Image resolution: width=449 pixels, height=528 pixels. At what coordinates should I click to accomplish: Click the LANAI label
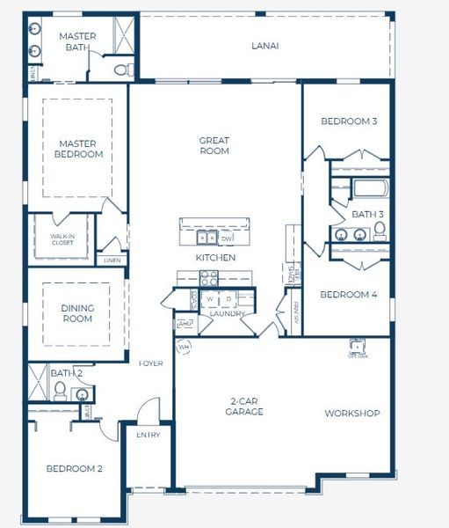264,45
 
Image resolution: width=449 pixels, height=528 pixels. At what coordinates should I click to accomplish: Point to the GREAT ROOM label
214,145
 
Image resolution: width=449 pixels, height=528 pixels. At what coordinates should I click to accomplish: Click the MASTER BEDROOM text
81,149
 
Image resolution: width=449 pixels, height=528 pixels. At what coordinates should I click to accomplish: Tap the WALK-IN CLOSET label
61,239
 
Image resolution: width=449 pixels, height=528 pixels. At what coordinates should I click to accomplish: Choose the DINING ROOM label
77,313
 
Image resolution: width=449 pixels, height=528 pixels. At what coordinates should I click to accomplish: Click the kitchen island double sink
207,237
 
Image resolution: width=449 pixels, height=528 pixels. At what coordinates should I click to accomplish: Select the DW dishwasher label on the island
226,238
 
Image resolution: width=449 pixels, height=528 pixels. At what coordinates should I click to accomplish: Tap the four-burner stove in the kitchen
209,277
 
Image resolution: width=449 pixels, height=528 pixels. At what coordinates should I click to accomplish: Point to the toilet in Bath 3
380,231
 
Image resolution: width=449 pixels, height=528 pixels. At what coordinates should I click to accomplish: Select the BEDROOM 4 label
348,295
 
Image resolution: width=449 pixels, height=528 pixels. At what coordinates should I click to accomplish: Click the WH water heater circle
185,347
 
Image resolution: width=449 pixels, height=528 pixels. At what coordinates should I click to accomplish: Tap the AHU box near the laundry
185,325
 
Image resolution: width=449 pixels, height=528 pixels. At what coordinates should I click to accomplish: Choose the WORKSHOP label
351,413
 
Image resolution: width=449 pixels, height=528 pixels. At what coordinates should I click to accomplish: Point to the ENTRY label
148,435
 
